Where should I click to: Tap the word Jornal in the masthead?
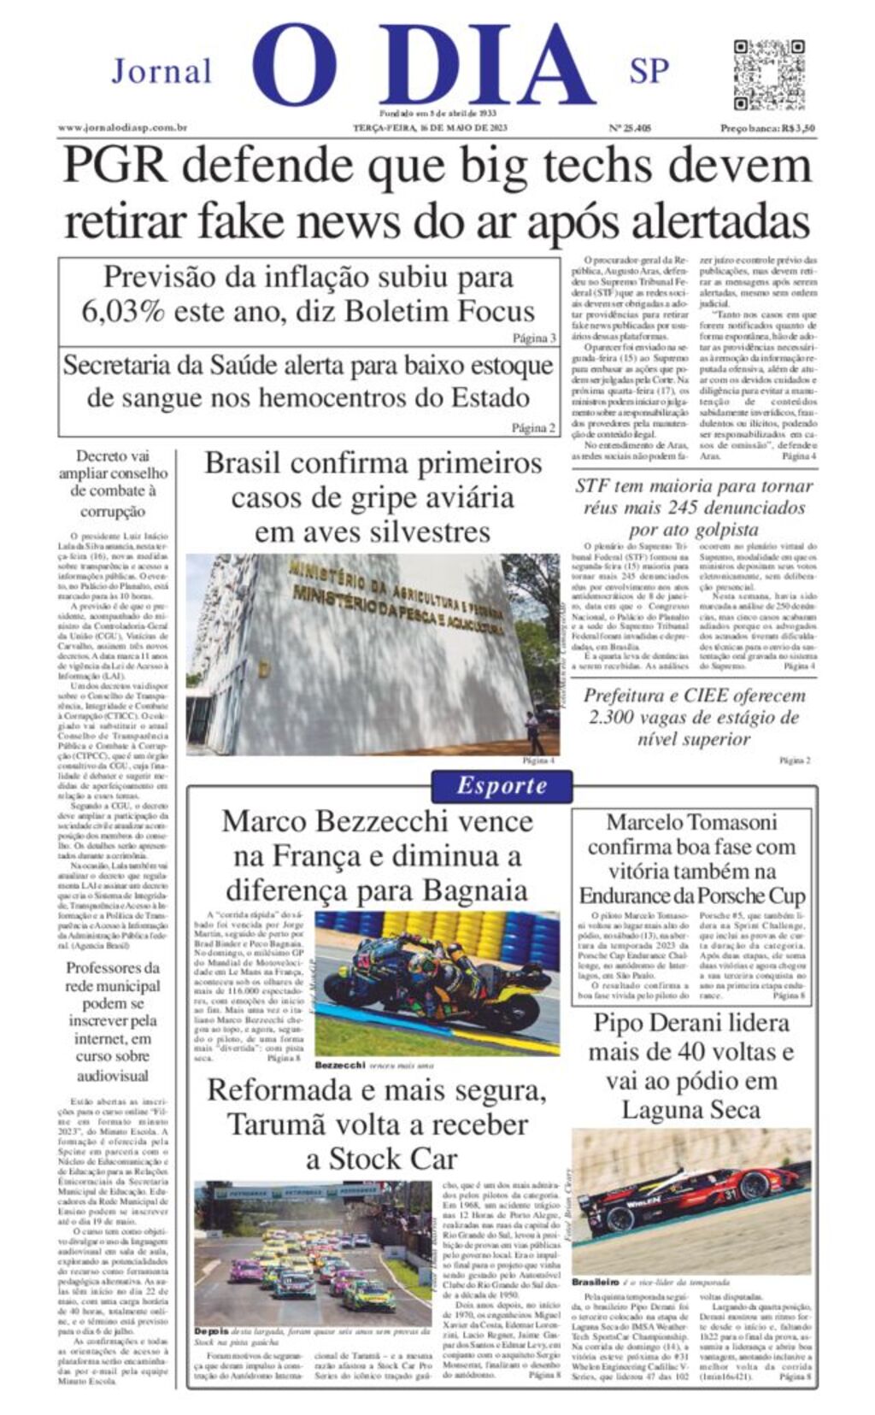pyautogui.click(x=161, y=72)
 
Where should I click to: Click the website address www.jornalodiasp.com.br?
pyautogui.click(x=122, y=128)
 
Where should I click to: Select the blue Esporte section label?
pyautogui.click(x=502, y=786)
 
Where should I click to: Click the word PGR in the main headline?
pyautogui.click(x=115, y=165)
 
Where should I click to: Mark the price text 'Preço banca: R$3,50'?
pyautogui.click(x=766, y=128)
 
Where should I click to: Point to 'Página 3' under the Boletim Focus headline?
pyautogui.click(x=534, y=338)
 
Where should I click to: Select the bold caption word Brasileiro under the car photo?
pyautogui.click(x=595, y=1282)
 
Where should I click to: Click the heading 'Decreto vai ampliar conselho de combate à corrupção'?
pyautogui.click(x=113, y=483)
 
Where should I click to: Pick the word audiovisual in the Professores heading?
pyautogui.click(x=113, y=1077)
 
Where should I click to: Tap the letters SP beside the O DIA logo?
pyautogui.click(x=649, y=72)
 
